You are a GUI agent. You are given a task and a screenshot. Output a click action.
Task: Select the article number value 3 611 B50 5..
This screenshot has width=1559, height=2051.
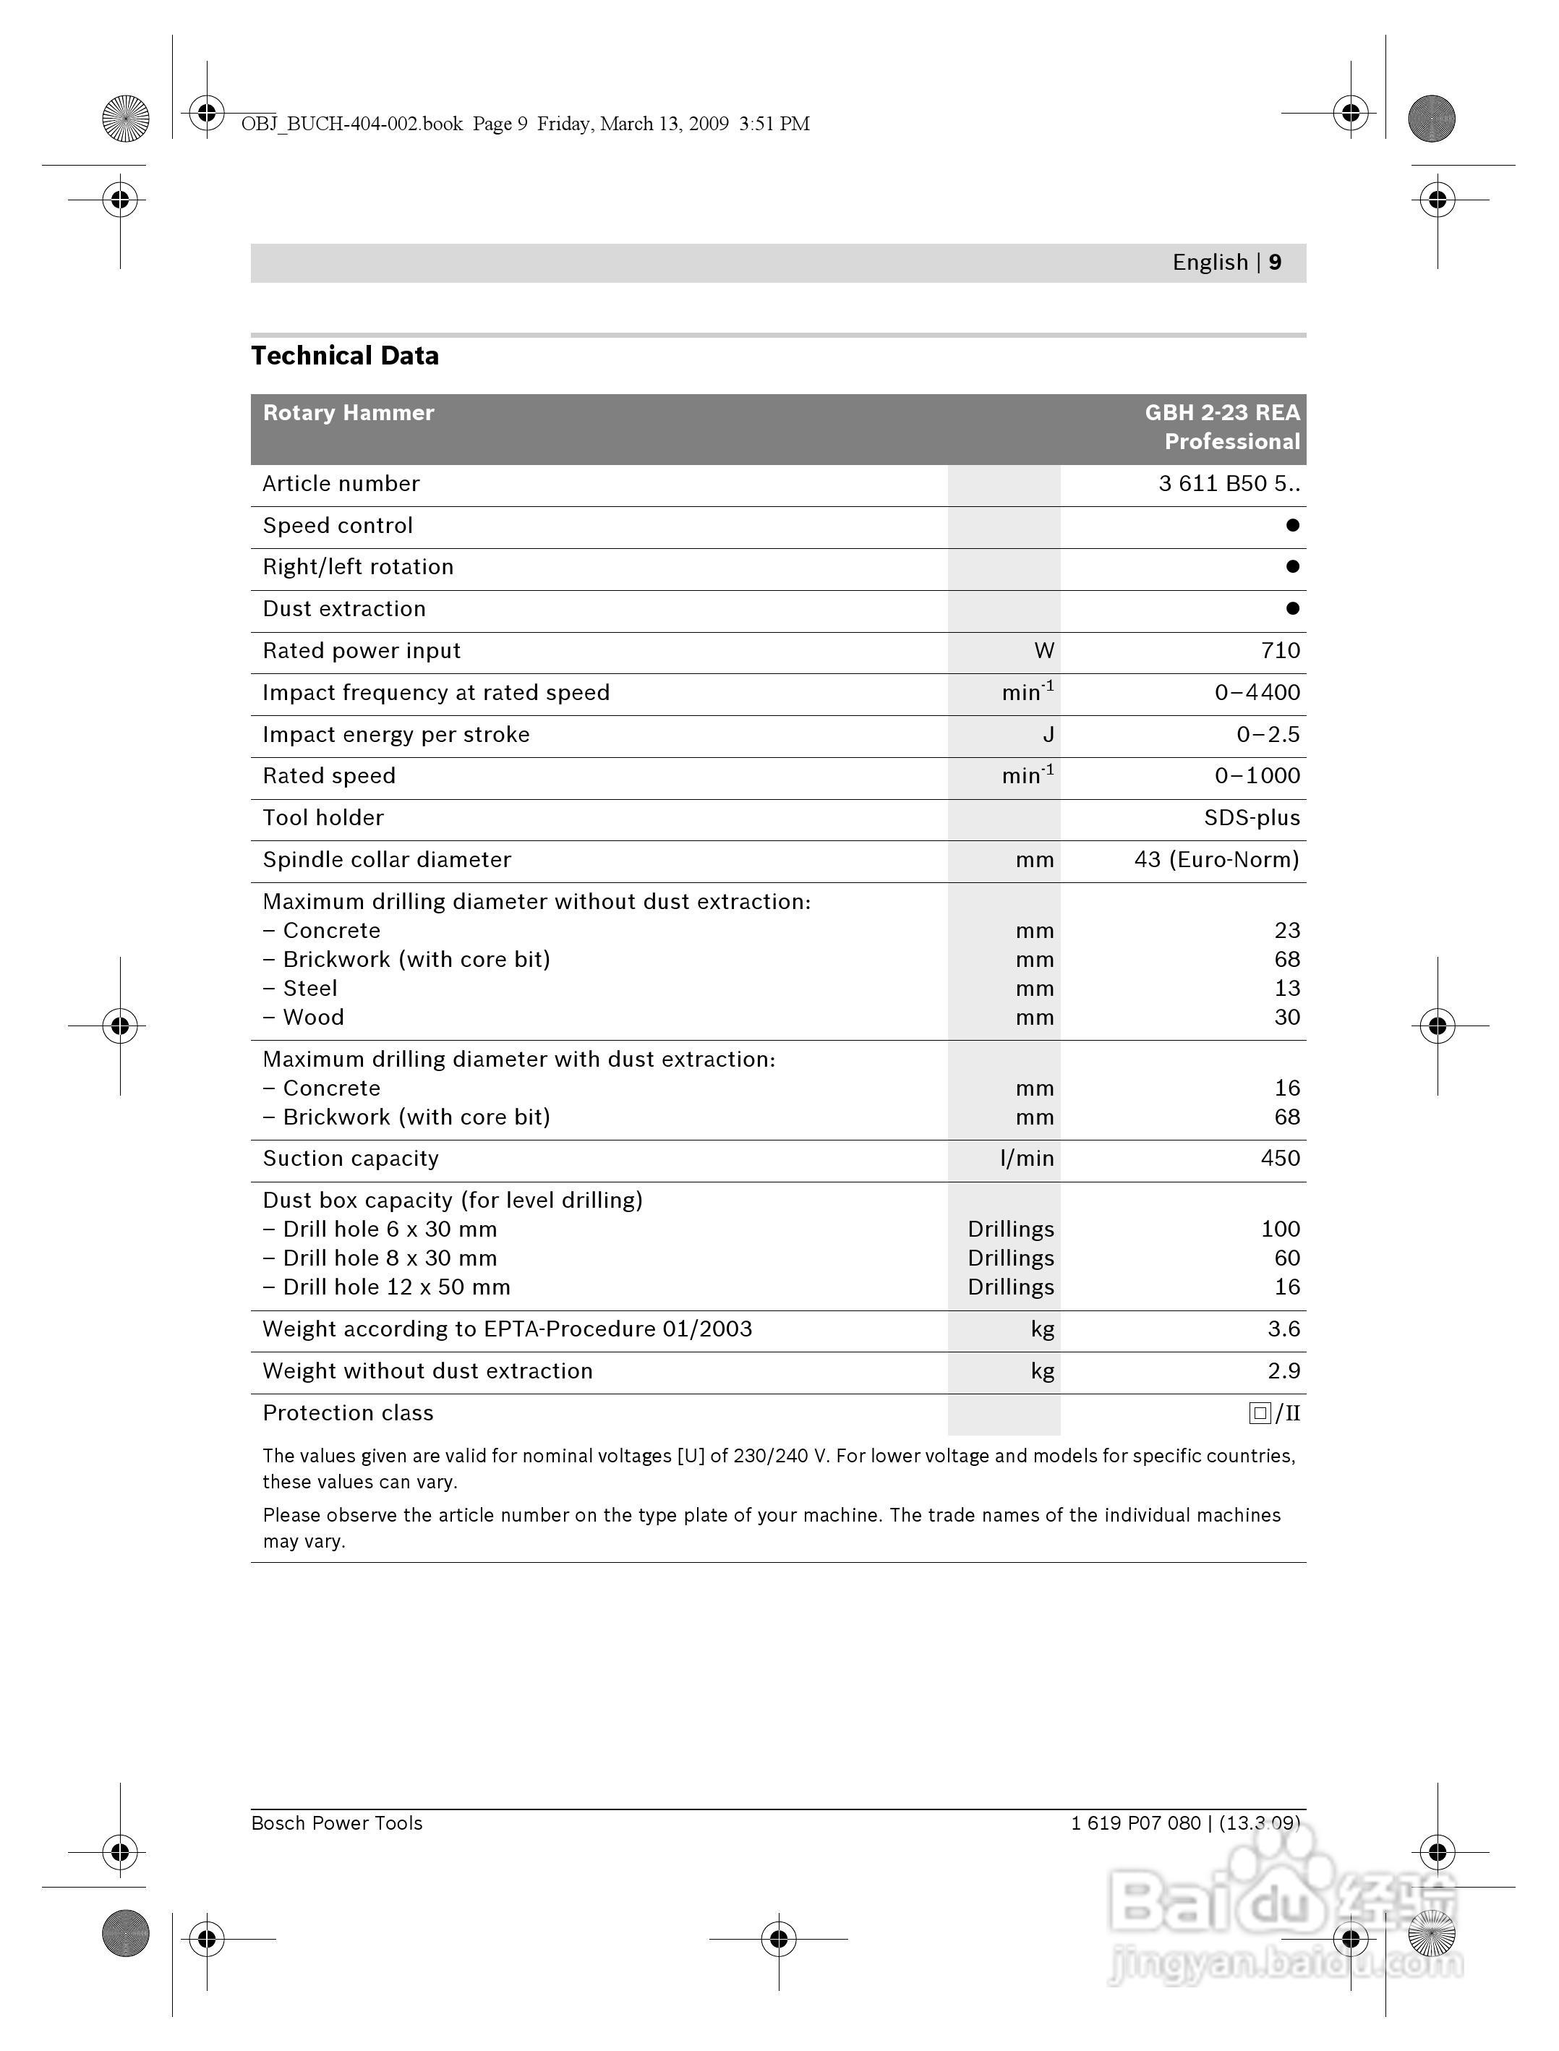1228,484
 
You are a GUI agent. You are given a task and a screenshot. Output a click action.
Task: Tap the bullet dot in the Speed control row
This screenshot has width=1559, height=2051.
1291,525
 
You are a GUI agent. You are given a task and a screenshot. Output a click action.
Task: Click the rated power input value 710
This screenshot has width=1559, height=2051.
1280,651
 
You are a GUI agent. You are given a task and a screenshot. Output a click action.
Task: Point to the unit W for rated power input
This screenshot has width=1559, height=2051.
1044,651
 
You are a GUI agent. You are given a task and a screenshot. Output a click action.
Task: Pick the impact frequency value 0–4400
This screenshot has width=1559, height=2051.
1257,692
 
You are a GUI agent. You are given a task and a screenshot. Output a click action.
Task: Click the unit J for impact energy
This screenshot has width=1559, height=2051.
1048,735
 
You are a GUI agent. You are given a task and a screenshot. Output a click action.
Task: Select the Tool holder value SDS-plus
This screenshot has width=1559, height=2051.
1251,818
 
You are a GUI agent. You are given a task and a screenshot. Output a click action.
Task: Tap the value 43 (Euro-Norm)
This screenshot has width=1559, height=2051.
1216,859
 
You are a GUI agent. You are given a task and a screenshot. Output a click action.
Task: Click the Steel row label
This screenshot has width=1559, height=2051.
310,989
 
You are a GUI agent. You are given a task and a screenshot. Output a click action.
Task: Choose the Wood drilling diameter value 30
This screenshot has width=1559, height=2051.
1286,1017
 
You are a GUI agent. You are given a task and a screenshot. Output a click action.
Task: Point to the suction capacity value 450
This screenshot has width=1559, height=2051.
1280,1159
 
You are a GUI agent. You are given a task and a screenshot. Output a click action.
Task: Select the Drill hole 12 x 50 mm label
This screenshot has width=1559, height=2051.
396,1287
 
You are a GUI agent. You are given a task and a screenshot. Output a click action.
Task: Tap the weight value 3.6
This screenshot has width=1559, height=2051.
1283,1329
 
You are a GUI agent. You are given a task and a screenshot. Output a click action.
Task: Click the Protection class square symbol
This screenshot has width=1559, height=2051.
1259,1413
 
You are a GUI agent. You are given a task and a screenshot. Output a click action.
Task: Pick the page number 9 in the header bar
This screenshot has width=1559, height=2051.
1275,263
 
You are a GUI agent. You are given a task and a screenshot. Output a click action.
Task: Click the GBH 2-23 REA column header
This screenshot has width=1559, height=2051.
1221,413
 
